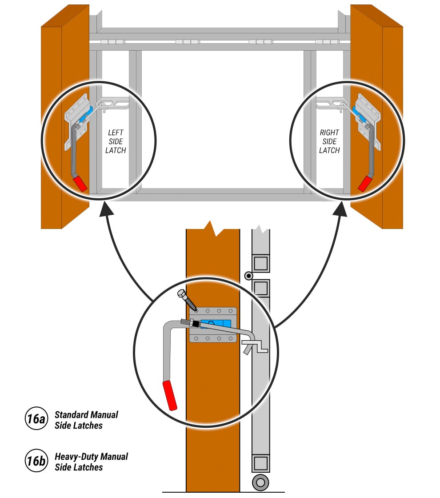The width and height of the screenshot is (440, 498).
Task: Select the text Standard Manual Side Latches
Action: pyautogui.click(x=86, y=420)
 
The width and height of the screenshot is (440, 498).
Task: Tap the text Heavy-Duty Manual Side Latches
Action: pyautogui.click(x=91, y=462)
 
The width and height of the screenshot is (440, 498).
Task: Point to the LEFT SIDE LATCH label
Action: pyautogui.click(x=116, y=141)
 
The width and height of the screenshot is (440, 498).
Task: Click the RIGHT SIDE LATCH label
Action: pyautogui.click(x=329, y=141)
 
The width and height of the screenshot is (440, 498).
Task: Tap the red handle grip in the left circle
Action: pyautogui.click(x=80, y=183)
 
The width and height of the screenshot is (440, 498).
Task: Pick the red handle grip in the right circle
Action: pyautogui.click(x=365, y=183)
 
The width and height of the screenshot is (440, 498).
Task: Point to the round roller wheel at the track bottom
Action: pyautogui.click(x=260, y=482)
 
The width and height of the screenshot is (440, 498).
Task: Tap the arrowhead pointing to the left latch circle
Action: pyautogui.click(x=105, y=209)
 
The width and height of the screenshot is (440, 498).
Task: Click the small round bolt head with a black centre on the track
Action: pyautogui.click(x=249, y=276)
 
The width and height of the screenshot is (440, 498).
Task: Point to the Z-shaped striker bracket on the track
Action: pyautogui.click(x=256, y=346)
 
